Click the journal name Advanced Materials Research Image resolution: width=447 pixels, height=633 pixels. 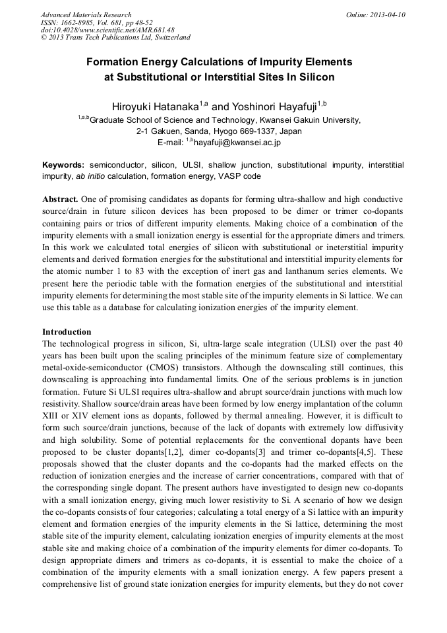click(86, 15)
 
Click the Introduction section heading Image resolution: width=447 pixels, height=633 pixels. click(67, 331)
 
